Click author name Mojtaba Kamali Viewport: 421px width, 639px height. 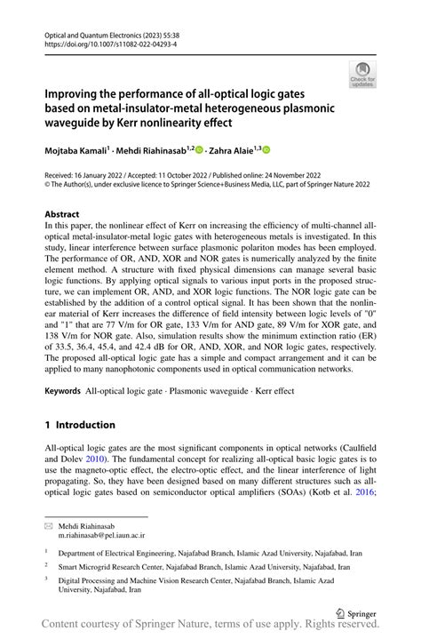pos(75,152)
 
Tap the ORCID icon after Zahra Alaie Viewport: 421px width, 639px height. pos(265,151)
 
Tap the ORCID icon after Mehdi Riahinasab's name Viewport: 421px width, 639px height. pos(198,151)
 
